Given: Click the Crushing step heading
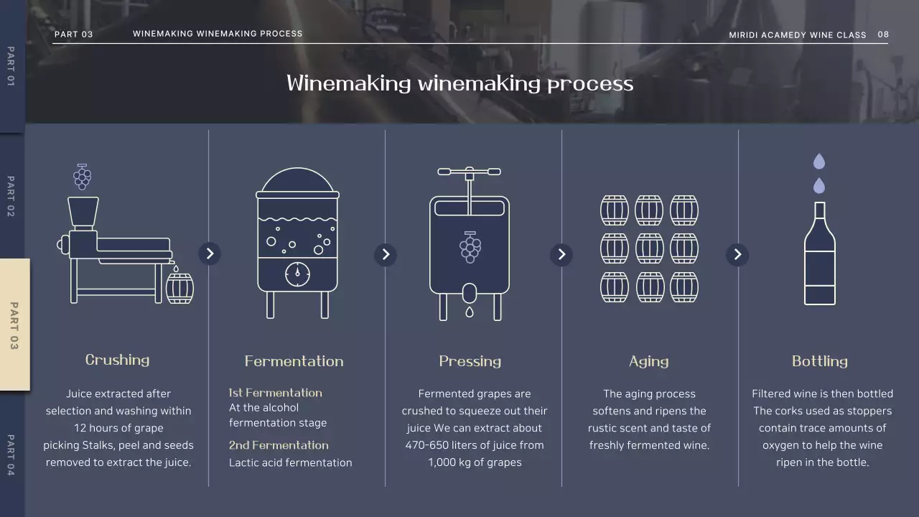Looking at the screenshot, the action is [x=117, y=360].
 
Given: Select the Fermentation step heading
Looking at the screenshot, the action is [x=294, y=361].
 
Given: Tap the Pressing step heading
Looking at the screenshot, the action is [x=470, y=361].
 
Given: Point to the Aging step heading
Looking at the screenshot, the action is [x=649, y=361].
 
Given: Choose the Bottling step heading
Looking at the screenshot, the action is [x=820, y=361].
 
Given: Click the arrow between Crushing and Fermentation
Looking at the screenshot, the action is [x=210, y=253].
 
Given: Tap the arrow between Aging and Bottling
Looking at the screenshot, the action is [x=737, y=254].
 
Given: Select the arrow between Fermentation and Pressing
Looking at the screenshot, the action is [x=386, y=254].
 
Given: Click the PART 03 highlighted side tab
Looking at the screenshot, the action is [x=15, y=325].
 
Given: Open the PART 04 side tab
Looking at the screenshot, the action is [x=11, y=455].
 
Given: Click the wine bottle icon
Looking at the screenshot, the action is [x=820, y=253].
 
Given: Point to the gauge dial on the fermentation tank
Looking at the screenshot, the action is [x=297, y=274].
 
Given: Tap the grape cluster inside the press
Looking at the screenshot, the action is [x=470, y=247].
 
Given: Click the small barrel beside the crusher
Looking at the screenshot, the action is [x=179, y=289].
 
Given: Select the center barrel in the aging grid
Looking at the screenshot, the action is [x=650, y=248].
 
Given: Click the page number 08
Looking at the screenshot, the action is [x=883, y=34].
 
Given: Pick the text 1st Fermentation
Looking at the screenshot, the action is [x=275, y=393].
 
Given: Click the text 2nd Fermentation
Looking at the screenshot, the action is [x=279, y=445].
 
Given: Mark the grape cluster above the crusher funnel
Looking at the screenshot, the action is [x=83, y=177].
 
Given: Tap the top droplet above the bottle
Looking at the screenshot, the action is [x=819, y=162].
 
